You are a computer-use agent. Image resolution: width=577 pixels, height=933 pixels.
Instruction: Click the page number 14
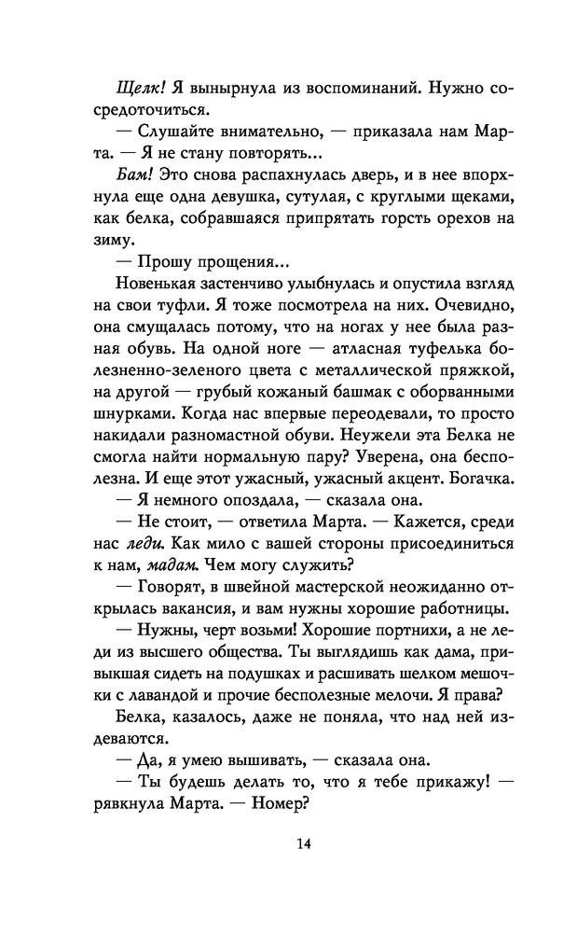coord(288,845)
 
